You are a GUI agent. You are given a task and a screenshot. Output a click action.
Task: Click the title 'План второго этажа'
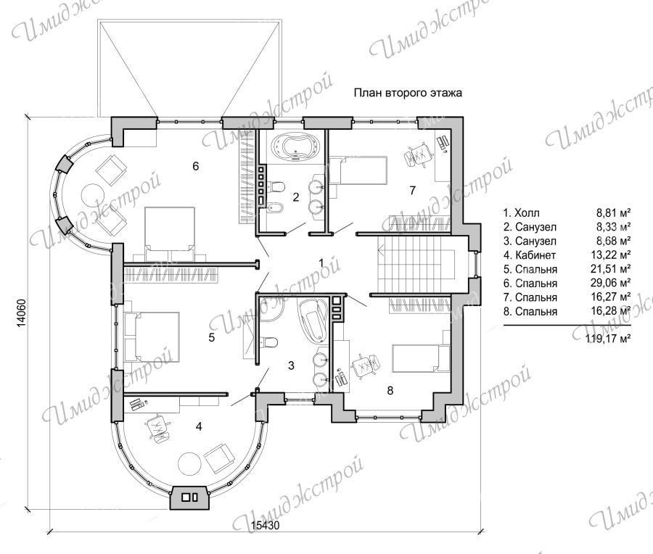[x=408, y=92]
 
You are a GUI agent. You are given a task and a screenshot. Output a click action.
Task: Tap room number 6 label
[x=196, y=166]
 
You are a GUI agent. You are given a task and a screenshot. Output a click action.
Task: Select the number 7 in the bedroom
[x=412, y=190]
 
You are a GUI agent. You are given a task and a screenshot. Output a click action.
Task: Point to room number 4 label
[x=199, y=426]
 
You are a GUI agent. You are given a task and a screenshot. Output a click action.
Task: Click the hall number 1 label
[x=321, y=262]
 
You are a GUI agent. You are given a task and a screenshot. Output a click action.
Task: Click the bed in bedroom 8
[x=421, y=358]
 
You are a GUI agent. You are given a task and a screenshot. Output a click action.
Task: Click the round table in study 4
[x=191, y=463]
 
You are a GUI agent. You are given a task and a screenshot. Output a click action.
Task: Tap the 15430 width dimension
[x=265, y=525]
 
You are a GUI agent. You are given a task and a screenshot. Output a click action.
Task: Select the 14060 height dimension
[x=21, y=313]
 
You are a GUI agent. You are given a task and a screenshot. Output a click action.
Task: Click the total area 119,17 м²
[x=608, y=338]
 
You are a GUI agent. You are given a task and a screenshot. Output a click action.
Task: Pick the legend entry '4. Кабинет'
[x=530, y=255]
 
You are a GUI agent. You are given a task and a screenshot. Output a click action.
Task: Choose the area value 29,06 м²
[x=612, y=283]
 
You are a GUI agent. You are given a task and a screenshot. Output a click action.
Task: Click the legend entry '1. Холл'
[x=522, y=212]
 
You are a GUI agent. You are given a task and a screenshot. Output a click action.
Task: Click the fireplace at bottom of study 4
[x=189, y=497]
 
